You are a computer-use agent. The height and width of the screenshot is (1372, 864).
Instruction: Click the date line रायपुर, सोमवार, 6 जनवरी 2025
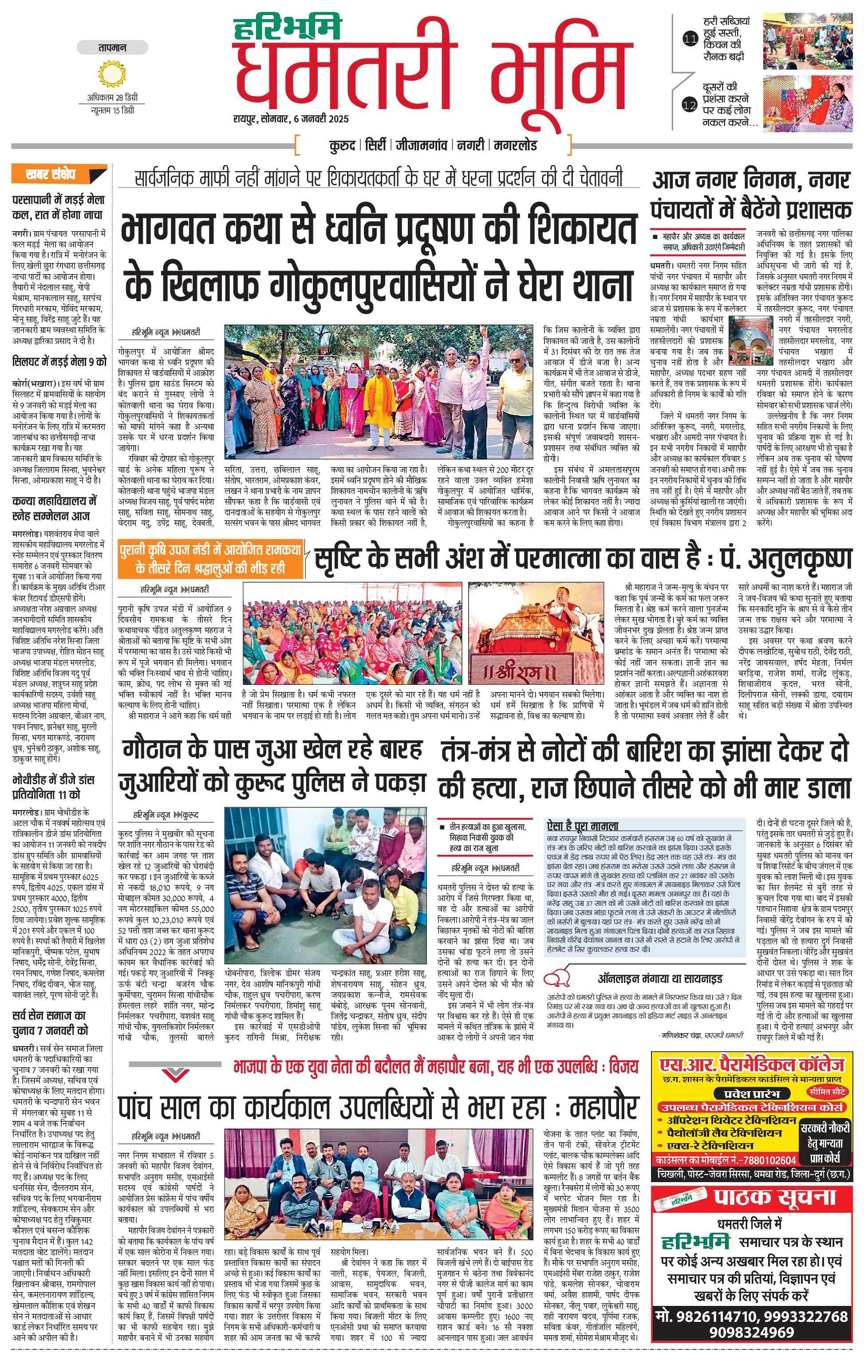pos(290,119)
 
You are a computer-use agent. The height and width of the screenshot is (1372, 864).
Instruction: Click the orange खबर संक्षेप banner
pos(59,174)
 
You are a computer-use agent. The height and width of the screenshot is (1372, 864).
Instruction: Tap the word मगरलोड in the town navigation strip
pos(515,145)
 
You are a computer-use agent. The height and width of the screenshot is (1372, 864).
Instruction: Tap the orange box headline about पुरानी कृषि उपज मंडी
pos(210,558)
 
